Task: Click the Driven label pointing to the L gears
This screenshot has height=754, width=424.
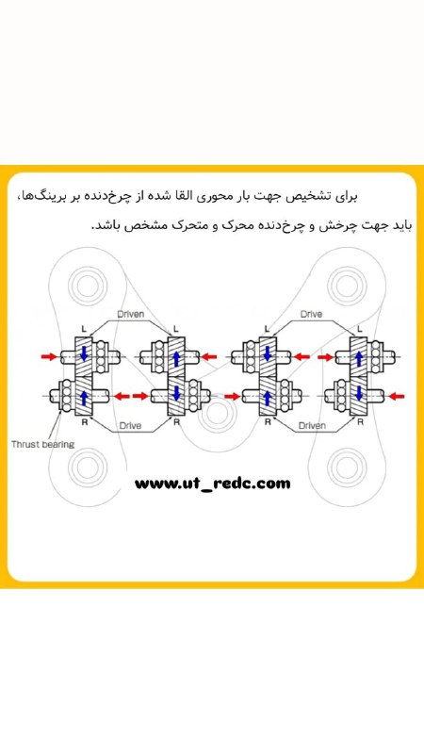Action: [131, 315]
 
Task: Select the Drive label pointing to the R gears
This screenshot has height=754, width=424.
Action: [130, 425]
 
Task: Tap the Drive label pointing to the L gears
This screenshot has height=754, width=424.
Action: [312, 315]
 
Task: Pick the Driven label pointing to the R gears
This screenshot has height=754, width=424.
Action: [312, 425]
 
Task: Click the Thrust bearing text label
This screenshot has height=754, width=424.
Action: [42, 444]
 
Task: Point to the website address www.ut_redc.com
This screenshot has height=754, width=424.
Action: [213, 484]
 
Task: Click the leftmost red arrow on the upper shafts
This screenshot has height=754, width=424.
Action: [49, 356]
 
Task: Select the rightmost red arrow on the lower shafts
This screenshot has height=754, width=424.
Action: [397, 396]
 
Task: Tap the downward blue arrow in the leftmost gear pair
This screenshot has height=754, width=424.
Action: [84, 353]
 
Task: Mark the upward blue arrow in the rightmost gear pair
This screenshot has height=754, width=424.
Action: [358, 356]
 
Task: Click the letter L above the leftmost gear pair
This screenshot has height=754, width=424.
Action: [84, 329]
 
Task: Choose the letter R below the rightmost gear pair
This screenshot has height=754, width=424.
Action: [360, 422]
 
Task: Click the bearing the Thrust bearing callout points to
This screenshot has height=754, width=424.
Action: [66, 396]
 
